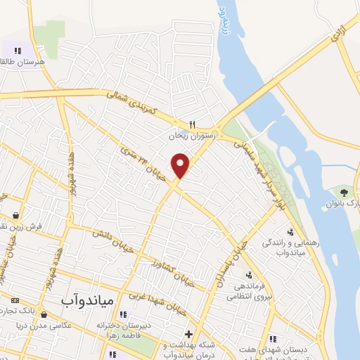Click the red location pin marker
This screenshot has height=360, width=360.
tap(181, 165)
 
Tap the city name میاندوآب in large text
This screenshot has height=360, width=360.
tap(83, 300)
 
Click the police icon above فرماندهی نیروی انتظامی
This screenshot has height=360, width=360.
tap(248, 275)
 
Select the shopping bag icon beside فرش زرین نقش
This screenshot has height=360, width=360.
tap(15, 216)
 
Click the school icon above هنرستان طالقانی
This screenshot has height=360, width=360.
tap(17, 51)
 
